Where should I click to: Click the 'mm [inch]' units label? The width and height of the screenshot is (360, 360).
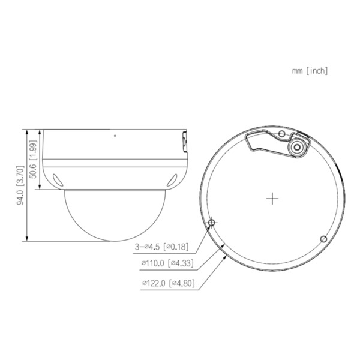pyautogui.click(x=310, y=71)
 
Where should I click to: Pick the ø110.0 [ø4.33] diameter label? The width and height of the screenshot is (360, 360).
pyautogui.click(x=164, y=263)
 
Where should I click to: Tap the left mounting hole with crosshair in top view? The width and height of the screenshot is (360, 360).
pyautogui.click(x=211, y=223)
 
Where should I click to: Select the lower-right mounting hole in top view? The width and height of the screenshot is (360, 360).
pyautogui.click(x=323, y=239)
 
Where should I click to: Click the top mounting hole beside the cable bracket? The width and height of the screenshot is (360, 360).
pyautogui.click(x=281, y=133)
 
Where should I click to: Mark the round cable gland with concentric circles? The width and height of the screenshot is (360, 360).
pyautogui.click(x=296, y=148)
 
